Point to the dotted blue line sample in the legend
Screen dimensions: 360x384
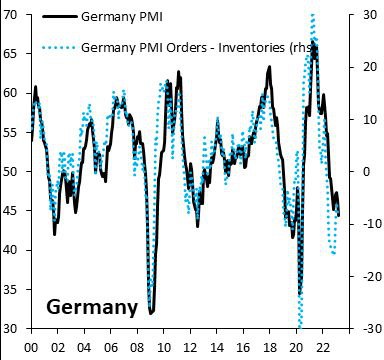(56, 47)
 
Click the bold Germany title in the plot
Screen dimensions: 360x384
(91, 306)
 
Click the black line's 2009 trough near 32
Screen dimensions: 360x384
(151, 313)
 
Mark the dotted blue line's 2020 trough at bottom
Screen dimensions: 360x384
(299, 326)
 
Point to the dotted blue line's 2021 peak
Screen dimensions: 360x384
(314, 16)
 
